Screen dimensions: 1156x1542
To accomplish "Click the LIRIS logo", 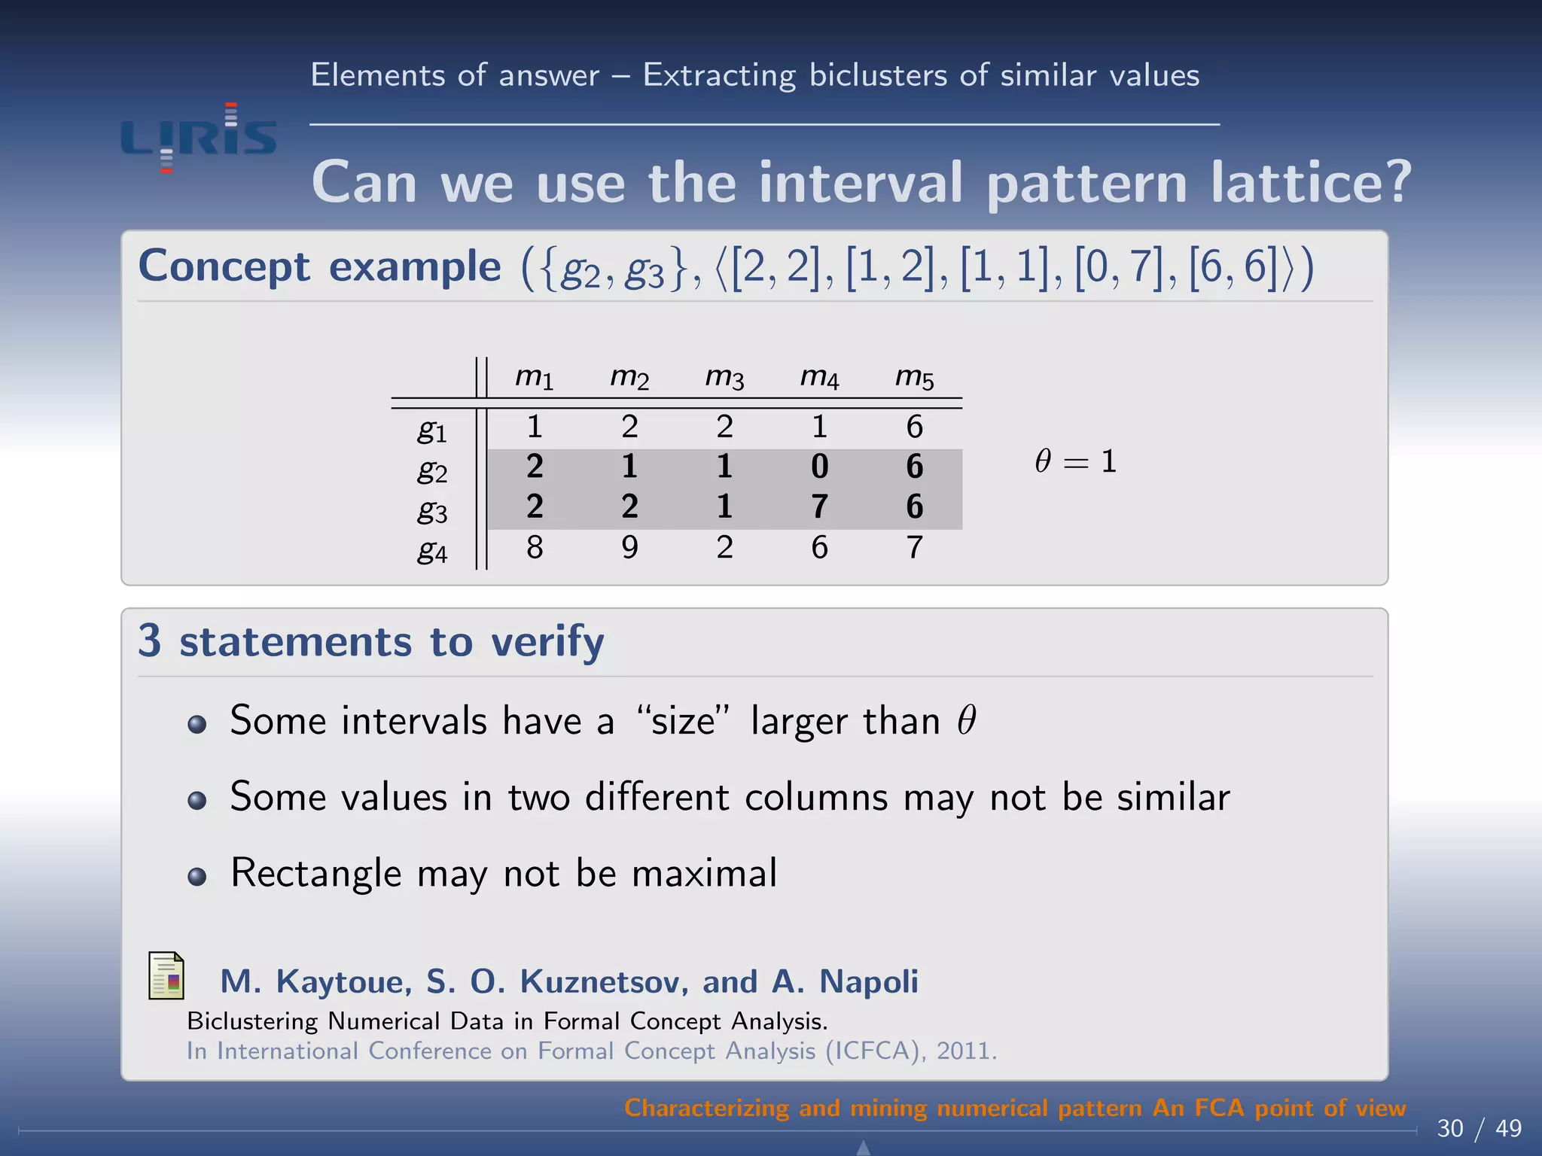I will [x=199, y=138].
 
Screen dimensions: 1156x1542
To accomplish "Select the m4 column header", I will [x=819, y=378].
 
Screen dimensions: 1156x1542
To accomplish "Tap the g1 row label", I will [x=432, y=430].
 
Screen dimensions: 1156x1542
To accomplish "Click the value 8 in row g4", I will [x=535, y=547].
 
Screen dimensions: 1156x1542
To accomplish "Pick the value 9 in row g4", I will [x=629, y=547].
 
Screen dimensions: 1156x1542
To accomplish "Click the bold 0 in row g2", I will [x=819, y=467].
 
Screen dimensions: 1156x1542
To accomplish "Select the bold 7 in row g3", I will [x=819, y=507].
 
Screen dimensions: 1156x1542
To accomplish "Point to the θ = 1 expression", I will [x=1075, y=461].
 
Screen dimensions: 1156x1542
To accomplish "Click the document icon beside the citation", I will [x=166, y=976].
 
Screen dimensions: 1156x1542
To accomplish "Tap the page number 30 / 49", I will [x=1479, y=1128].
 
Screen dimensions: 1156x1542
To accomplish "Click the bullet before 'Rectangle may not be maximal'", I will [x=197, y=877].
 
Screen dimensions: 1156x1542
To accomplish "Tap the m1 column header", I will [x=535, y=378].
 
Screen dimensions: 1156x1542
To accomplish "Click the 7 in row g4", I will [x=914, y=547].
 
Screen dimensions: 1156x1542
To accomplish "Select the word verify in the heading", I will [x=547, y=642].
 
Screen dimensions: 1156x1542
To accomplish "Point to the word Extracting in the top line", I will [x=719, y=76].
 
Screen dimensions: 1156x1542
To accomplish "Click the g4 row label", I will [x=432, y=552].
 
